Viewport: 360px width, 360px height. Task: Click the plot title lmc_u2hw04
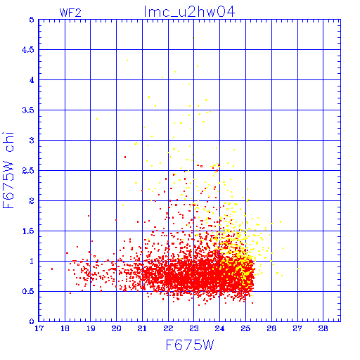point(189,11)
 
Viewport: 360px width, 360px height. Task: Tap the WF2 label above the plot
point(70,13)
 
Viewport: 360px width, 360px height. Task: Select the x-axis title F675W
point(190,345)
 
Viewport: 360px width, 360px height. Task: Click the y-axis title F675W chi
point(8,170)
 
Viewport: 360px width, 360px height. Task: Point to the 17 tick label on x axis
point(39,328)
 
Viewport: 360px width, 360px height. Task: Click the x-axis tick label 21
point(142,328)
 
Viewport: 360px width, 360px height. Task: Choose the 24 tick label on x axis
point(219,328)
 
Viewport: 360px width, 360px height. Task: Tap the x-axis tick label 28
point(323,328)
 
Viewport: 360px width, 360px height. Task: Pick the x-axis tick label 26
point(271,328)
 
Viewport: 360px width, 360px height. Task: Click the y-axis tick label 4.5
point(28,50)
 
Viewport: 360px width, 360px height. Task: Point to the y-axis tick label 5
point(32,20)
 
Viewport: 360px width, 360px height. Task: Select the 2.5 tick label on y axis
point(28,171)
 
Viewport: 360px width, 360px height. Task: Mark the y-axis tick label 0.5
point(28,291)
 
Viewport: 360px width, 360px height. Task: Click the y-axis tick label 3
point(32,141)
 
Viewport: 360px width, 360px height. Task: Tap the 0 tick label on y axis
point(32,321)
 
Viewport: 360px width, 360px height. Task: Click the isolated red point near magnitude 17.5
point(52,269)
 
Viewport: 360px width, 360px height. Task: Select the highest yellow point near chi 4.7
point(193,38)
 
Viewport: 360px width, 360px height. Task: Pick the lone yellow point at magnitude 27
point(298,269)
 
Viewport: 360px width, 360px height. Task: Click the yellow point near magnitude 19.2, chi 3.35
point(97,119)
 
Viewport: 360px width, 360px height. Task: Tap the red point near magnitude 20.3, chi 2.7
point(125,157)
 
